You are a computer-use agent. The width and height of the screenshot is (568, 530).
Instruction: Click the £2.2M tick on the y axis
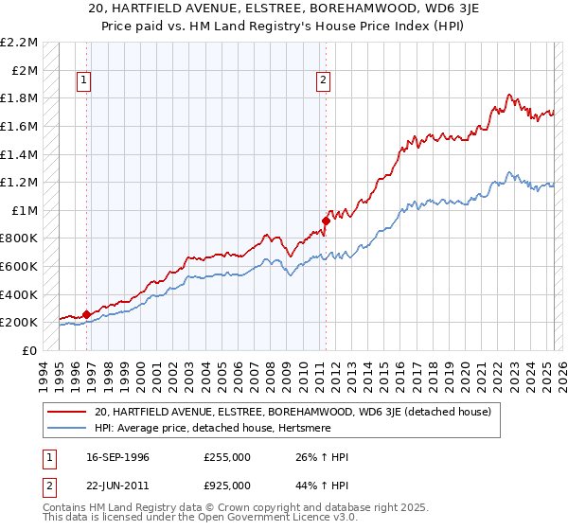pyautogui.click(x=21, y=43)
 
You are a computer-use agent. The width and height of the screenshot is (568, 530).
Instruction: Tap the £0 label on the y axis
pyautogui.click(x=31, y=350)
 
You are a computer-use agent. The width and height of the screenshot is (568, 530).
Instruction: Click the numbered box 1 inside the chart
pyautogui.click(x=84, y=81)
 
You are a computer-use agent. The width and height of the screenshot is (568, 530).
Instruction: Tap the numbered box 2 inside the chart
pyautogui.click(x=323, y=81)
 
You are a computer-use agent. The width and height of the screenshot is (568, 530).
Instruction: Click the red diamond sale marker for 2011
pyautogui.click(x=326, y=221)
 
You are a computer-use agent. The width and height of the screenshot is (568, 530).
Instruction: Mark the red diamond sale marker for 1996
pyautogui.click(x=86, y=314)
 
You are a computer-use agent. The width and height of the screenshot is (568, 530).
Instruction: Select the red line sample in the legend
pyautogui.click(x=67, y=413)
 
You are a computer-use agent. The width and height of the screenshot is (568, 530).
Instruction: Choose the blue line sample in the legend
pyautogui.click(x=67, y=430)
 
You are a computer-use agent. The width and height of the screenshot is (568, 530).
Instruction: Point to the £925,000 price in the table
pyautogui.click(x=227, y=486)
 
